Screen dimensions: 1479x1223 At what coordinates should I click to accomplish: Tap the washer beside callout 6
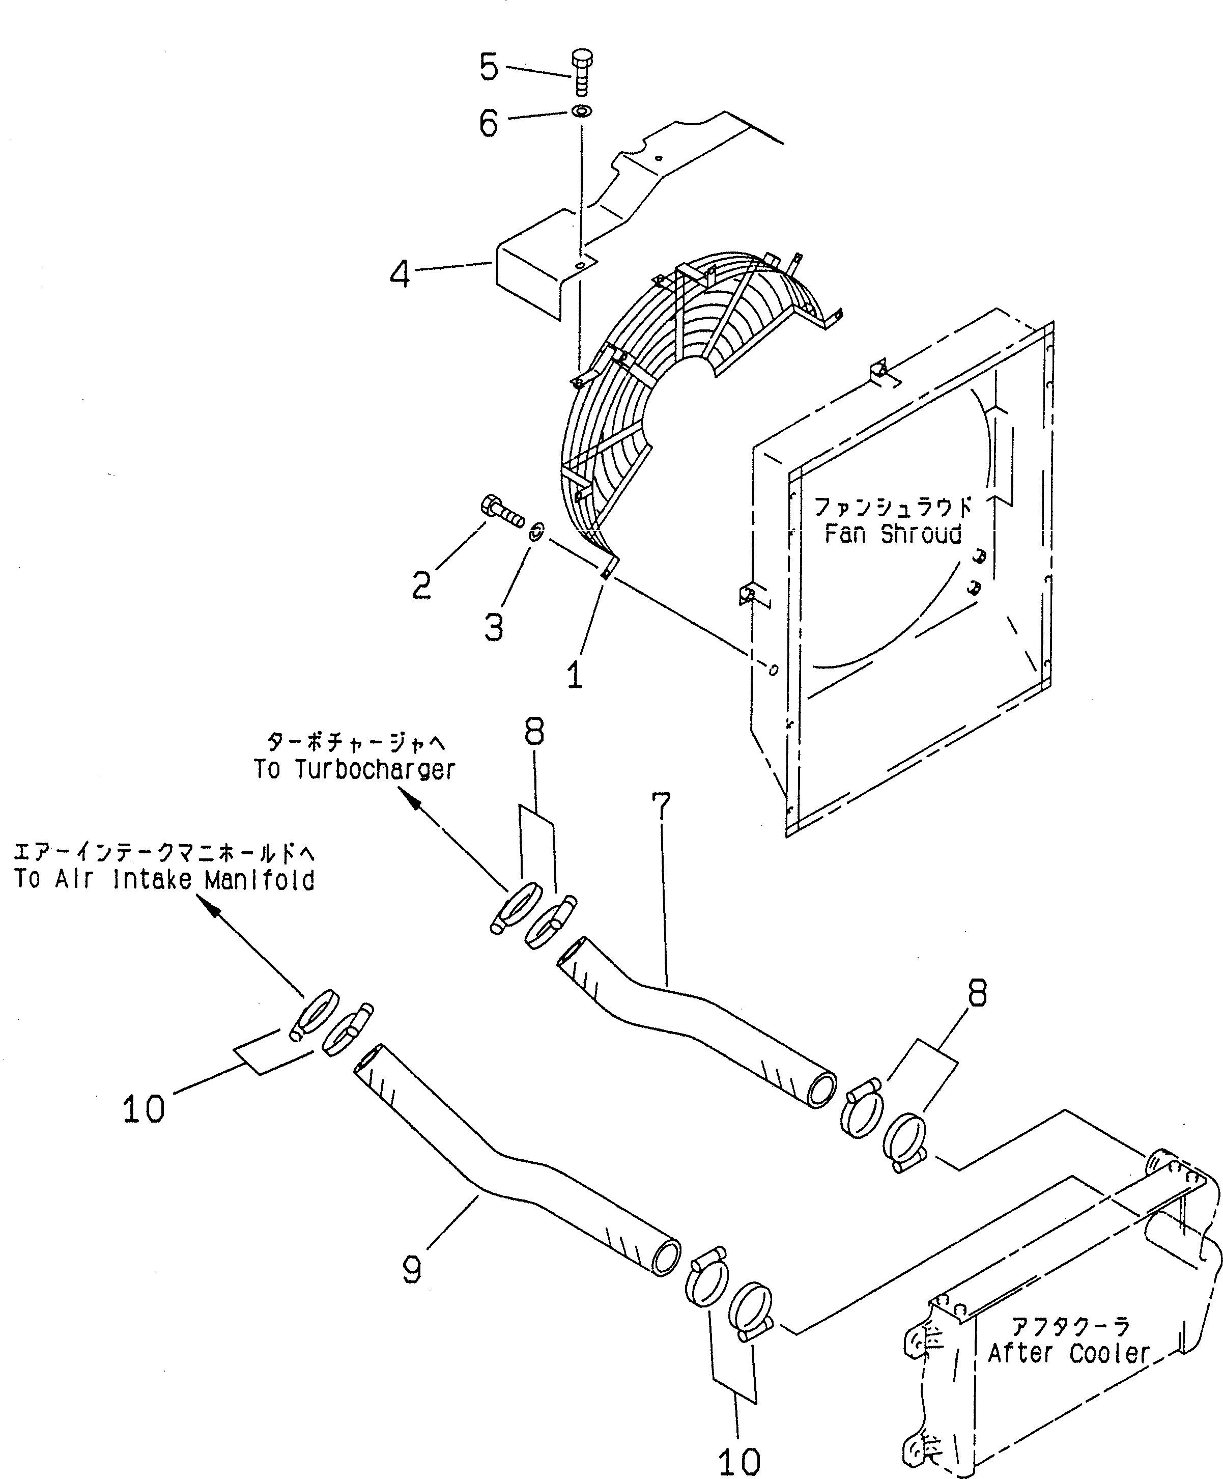(582, 111)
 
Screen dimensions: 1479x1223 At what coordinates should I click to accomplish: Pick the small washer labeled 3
(535, 532)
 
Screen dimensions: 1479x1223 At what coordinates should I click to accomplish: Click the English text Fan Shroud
(893, 535)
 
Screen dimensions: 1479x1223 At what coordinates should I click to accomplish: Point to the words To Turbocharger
(354, 770)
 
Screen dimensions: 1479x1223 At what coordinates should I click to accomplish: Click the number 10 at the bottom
(740, 1461)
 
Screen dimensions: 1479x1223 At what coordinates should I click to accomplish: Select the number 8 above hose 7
(534, 734)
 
